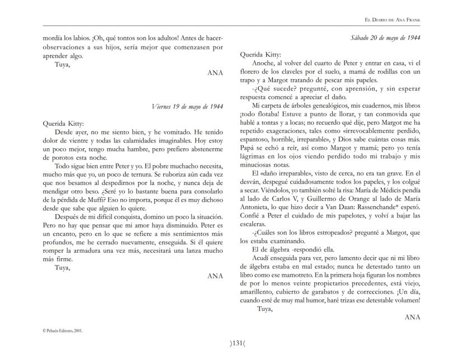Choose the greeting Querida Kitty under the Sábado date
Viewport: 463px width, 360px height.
tap(260, 55)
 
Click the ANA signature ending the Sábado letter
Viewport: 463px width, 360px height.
tap(412, 316)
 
